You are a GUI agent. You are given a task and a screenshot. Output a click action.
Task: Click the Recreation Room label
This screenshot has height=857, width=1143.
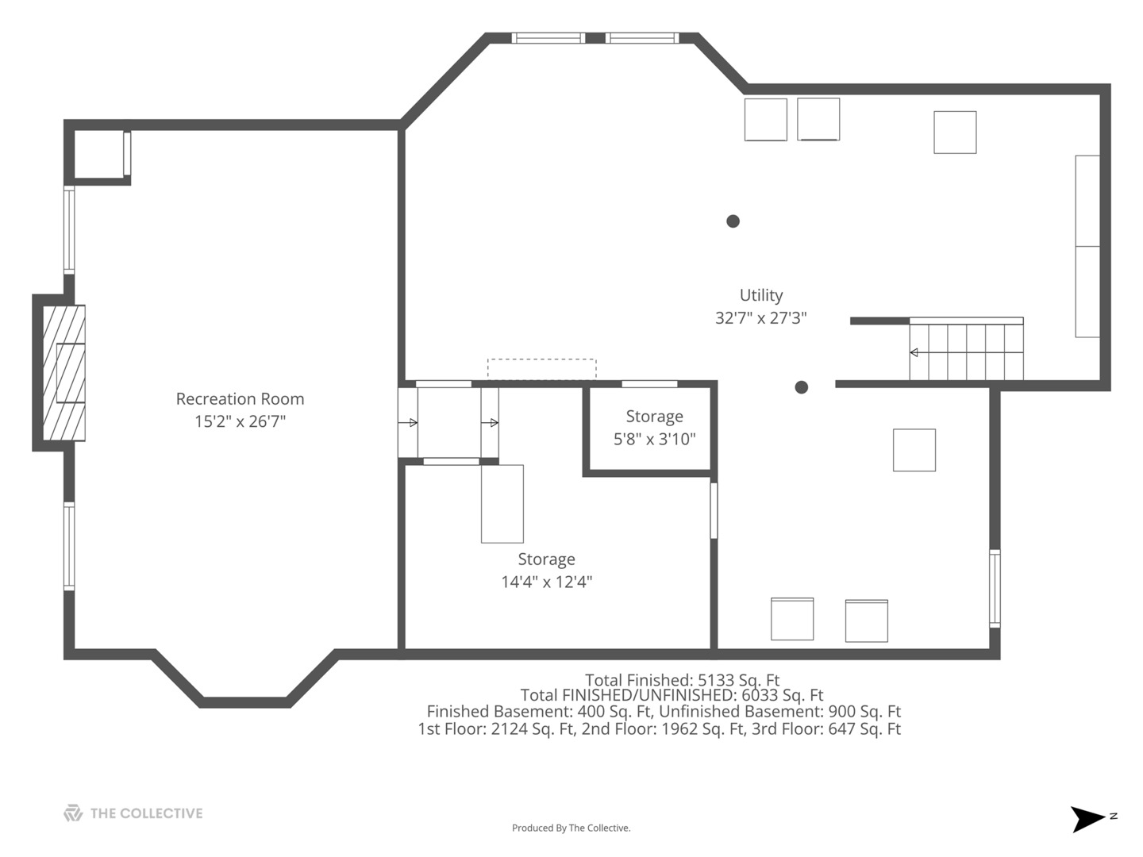point(240,399)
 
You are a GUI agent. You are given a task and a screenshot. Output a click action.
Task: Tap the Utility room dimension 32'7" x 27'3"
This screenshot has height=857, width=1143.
point(760,317)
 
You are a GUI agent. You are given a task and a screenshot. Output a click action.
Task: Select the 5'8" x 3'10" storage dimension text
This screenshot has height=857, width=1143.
point(655,439)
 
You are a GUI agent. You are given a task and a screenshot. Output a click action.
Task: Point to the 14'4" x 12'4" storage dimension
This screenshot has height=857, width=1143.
point(547,582)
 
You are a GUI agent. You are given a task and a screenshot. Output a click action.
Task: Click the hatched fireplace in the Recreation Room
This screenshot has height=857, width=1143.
point(63,373)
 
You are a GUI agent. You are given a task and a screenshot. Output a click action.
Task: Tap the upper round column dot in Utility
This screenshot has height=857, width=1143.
point(733,221)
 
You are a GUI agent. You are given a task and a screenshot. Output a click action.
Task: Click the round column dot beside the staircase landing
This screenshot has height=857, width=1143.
point(802,387)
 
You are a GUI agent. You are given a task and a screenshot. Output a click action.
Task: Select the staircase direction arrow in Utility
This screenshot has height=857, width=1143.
point(967,353)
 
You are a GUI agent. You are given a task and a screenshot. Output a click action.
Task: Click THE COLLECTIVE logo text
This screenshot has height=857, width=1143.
point(146,813)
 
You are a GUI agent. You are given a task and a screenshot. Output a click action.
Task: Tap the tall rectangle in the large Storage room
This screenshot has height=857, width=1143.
point(502,504)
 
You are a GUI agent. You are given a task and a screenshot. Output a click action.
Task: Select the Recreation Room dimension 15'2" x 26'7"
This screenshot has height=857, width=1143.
point(240,421)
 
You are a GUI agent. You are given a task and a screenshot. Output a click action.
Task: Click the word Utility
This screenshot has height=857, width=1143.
point(760,295)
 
